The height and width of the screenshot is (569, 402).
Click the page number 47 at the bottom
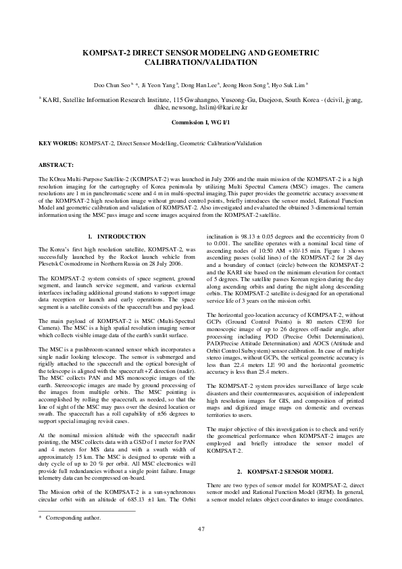201,547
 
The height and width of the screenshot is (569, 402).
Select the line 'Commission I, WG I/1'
201,124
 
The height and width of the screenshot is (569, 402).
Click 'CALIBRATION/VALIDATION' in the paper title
201,62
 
